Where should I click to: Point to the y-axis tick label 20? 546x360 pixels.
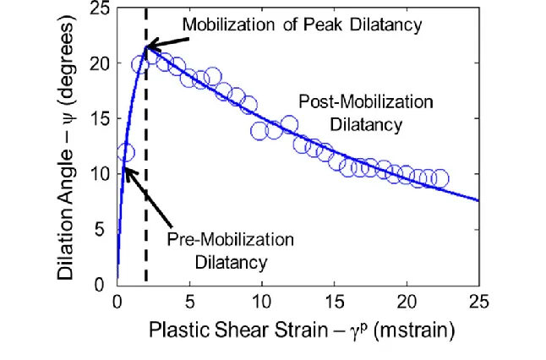100,64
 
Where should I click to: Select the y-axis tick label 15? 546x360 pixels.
100,119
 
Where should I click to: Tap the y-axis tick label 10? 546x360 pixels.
100,174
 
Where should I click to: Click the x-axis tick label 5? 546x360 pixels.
189,300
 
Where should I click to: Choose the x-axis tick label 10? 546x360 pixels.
262,300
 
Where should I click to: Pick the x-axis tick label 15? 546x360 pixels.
334,300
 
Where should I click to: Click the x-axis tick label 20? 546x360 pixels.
407,300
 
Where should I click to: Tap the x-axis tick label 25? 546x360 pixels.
478,300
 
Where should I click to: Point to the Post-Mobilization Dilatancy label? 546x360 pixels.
366,112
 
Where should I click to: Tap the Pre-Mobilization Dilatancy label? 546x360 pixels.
230,249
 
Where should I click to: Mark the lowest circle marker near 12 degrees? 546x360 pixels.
125,153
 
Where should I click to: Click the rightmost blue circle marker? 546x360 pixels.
440,178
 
